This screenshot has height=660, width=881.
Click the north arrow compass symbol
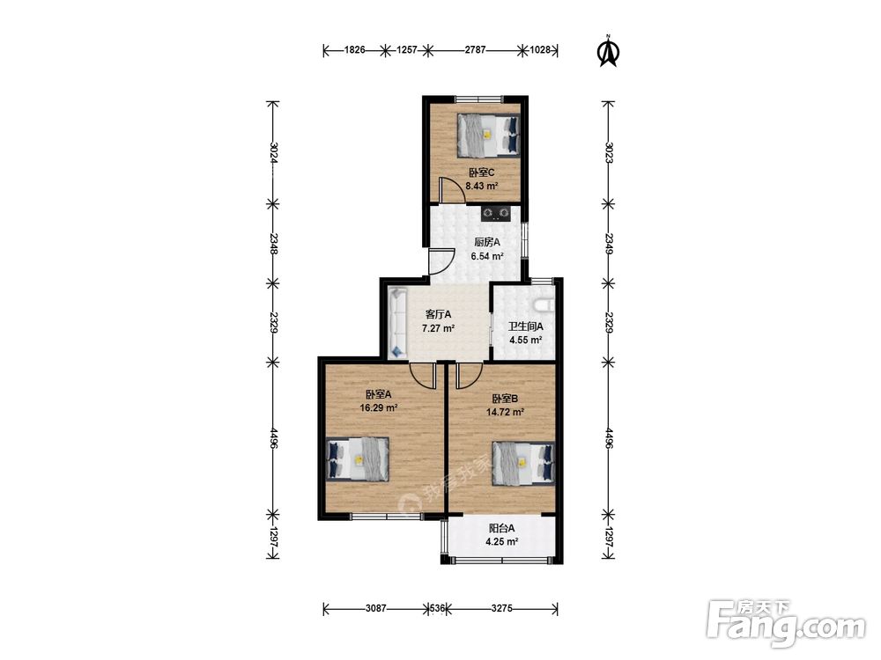pos(607,51)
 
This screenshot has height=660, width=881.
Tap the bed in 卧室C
pos(488,136)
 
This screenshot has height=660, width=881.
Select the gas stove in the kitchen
pos(496,213)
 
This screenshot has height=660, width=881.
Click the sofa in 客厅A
pos(398,322)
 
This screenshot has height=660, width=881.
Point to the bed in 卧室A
pos(358,458)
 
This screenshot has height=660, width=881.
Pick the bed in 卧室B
pos(523,463)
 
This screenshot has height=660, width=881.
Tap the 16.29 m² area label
pos(379,408)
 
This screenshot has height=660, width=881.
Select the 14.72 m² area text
pos(505,412)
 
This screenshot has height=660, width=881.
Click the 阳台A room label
pos(502,528)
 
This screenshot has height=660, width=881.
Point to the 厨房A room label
pos(487,243)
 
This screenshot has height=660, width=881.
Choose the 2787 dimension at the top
pos(476,50)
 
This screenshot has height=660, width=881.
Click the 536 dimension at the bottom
pos(438,608)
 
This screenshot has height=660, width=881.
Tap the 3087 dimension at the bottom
pos(376,608)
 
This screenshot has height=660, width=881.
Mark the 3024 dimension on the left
pos(273,152)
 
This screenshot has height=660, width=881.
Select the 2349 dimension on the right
pos(609,243)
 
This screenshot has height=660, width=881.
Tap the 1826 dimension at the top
pos(354,50)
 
